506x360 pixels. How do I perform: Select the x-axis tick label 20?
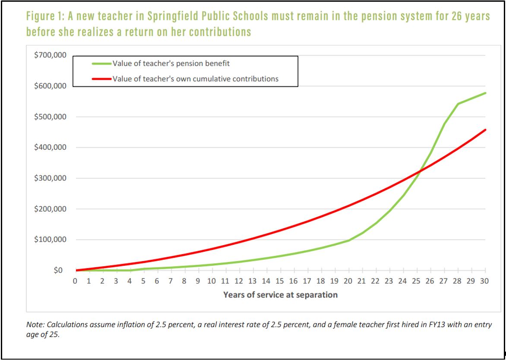tap(348, 281)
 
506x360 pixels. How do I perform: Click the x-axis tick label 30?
tap(485, 281)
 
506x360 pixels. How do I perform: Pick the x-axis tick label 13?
tap(253, 281)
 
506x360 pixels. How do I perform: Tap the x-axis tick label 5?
tap(143, 281)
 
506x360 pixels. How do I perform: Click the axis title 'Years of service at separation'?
tap(280, 295)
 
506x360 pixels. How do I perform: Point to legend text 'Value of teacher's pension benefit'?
tap(171, 64)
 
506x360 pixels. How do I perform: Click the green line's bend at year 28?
tap(458, 104)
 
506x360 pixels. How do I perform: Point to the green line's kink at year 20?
tap(348, 240)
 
